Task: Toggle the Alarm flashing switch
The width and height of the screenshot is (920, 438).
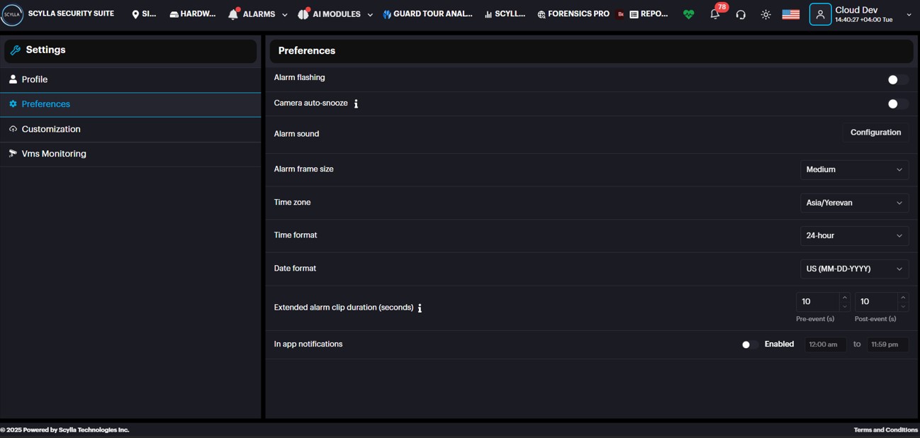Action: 897,79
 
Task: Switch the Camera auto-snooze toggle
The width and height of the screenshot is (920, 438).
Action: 897,104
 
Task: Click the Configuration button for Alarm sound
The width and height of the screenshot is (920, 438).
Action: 875,133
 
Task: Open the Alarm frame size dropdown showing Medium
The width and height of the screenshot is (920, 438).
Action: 854,169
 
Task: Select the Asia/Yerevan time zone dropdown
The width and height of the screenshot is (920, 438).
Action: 854,203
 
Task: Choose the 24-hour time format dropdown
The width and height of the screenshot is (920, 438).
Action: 854,235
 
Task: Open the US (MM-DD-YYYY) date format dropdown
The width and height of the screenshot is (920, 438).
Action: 854,269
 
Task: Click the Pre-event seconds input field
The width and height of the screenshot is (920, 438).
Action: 818,302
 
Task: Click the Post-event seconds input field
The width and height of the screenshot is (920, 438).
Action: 877,302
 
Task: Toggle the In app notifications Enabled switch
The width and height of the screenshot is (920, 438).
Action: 750,345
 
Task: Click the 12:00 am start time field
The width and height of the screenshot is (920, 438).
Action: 825,344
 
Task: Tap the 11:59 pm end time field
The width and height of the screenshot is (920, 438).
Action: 887,344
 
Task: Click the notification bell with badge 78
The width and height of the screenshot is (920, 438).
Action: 715,14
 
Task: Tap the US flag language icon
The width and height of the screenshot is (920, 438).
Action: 790,14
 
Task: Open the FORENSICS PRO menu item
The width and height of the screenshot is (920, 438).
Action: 573,14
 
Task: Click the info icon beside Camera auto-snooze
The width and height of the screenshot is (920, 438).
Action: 356,104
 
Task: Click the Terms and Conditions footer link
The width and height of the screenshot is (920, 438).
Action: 885,429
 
